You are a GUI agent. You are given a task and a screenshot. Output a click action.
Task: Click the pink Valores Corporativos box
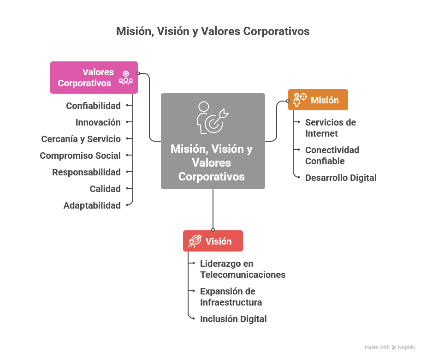click(x=94, y=78)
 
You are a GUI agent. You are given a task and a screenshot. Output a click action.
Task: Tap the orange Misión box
click(x=318, y=100)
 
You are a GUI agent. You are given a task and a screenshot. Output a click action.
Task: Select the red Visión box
click(x=213, y=241)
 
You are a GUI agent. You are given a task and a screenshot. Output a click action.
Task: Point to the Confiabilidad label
click(x=94, y=106)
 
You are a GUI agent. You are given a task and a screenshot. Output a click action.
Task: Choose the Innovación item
click(x=98, y=122)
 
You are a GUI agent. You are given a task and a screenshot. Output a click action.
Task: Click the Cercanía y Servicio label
click(x=81, y=139)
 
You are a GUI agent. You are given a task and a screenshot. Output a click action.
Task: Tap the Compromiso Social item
click(x=80, y=156)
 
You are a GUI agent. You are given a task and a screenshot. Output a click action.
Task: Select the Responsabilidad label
click(x=87, y=172)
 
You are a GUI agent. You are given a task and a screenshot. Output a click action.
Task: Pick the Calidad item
click(x=105, y=189)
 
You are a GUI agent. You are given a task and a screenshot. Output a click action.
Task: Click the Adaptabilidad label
click(x=92, y=205)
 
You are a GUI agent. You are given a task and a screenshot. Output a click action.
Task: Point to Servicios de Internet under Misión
click(x=330, y=128)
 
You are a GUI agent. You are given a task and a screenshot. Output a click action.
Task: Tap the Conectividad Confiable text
click(x=332, y=156)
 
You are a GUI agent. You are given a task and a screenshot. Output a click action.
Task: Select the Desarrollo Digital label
click(x=341, y=178)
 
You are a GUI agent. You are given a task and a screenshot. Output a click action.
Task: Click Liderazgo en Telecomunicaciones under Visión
click(x=243, y=269)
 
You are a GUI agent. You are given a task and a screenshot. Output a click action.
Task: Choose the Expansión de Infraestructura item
click(x=231, y=297)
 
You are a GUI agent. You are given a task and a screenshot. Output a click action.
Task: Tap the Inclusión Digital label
click(x=233, y=319)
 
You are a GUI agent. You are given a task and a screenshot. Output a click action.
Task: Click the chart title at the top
click(x=213, y=31)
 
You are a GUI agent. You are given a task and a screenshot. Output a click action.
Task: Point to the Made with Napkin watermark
click(x=390, y=347)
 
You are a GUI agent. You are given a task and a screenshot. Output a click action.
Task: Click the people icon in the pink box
click(x=126, y=78)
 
